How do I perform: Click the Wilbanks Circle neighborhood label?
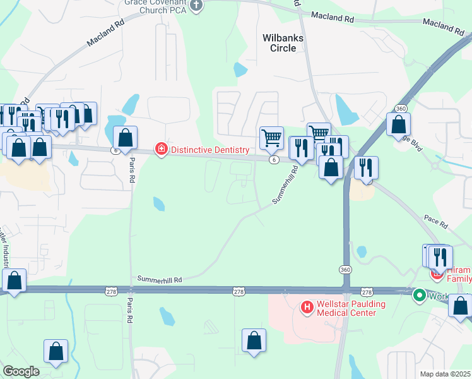[283, 42]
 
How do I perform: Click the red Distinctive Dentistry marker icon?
[161, 150]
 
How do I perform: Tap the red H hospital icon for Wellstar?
[307, 308]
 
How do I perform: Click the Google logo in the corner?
[21, 371]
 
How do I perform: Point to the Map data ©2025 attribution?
[444, 374]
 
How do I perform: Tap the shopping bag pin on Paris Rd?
[125, 138]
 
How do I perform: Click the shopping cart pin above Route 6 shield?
[271, 136]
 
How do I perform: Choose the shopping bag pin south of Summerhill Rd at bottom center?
[254, 340]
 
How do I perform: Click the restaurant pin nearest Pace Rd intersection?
[366, 167]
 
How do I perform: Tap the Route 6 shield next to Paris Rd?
[115, 150]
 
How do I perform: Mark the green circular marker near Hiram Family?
[418, 295]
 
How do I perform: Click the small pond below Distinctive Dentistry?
[158, 203]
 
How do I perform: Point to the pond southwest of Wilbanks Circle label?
[240, 69]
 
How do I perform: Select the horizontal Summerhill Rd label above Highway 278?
[160, 279]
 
